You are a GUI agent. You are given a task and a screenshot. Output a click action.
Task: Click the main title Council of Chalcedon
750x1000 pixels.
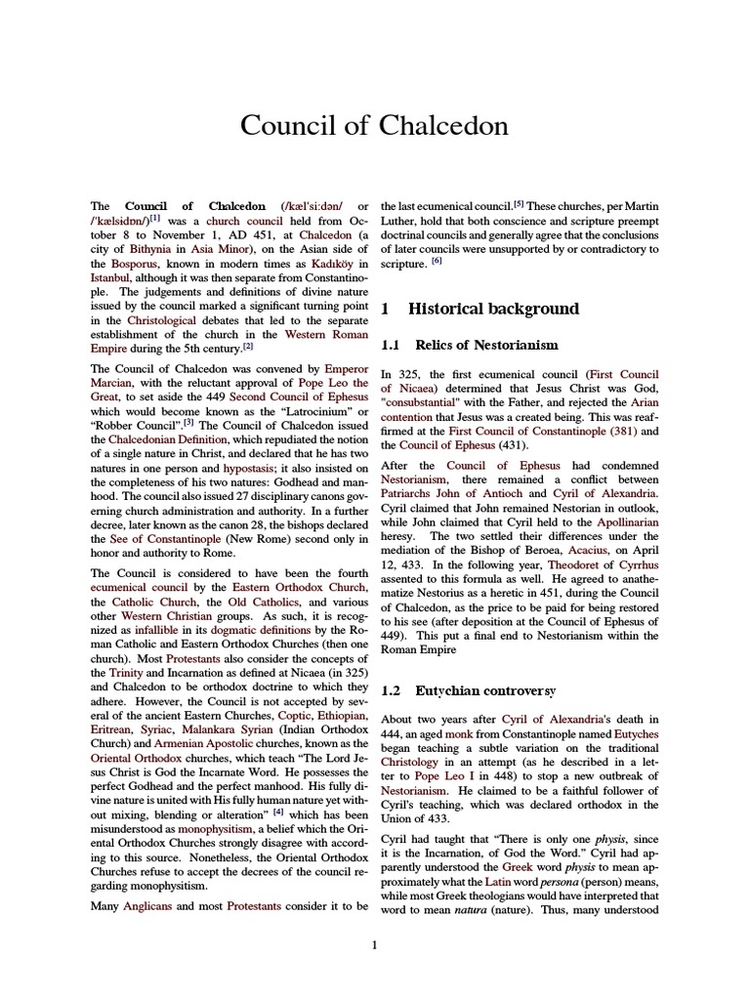pyautogui.click(x=375, y=127)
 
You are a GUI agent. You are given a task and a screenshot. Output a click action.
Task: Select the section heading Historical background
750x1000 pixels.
pyautogui.click(x=493, y=309)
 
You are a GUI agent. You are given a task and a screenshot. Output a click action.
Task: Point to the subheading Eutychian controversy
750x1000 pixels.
pyautogui.click(x=485, y=690)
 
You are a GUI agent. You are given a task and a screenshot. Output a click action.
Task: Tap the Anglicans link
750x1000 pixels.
pyautogui.click(x=149, y=906)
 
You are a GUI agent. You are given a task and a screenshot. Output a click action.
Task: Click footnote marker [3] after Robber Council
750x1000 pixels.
pyautogui.click(x=188, y=395)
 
